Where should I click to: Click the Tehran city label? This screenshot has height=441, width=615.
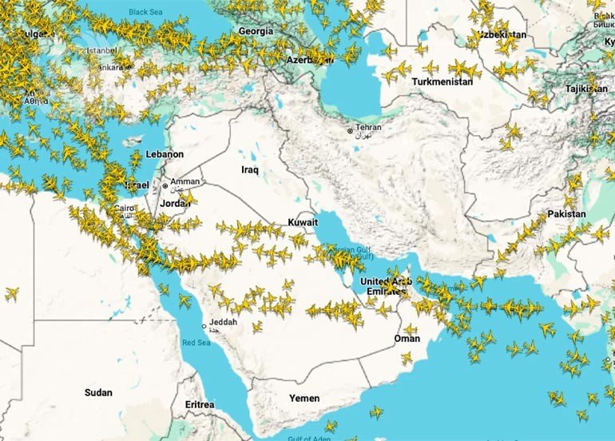pos(368,128)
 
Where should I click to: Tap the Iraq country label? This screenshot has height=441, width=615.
pos(250,170)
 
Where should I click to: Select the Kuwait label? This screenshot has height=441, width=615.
pos(303,221)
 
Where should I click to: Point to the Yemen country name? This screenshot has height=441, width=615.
pos(304,398)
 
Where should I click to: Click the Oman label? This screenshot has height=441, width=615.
pos(407,339)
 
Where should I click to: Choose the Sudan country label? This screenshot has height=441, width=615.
pos(98,392)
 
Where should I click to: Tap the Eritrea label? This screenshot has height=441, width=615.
pos(200,405)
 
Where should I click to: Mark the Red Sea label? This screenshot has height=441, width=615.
pos(196,343)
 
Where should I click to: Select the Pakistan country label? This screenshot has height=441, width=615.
pos(566,214)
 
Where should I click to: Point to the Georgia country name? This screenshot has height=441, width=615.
pos(256,31)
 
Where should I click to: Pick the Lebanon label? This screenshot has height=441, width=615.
pos(165,154)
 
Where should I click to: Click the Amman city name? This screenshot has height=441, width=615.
pos(184,181)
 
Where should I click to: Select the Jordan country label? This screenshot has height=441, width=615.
pos(176,202)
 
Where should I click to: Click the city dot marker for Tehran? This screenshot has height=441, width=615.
pos(350,130)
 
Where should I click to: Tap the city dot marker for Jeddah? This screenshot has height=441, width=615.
pos(204,326)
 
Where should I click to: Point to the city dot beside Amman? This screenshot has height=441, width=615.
pos(165,186)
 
